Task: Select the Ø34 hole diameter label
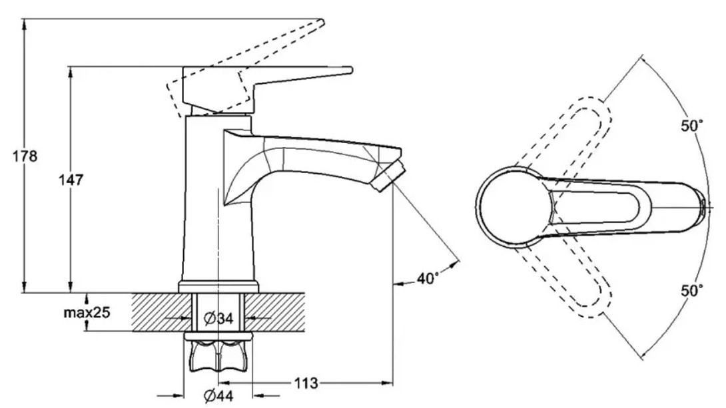point(218,319)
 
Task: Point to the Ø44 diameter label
point(218,397)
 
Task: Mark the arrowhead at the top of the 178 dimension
point(25,23)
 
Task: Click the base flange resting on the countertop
point(218,287)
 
